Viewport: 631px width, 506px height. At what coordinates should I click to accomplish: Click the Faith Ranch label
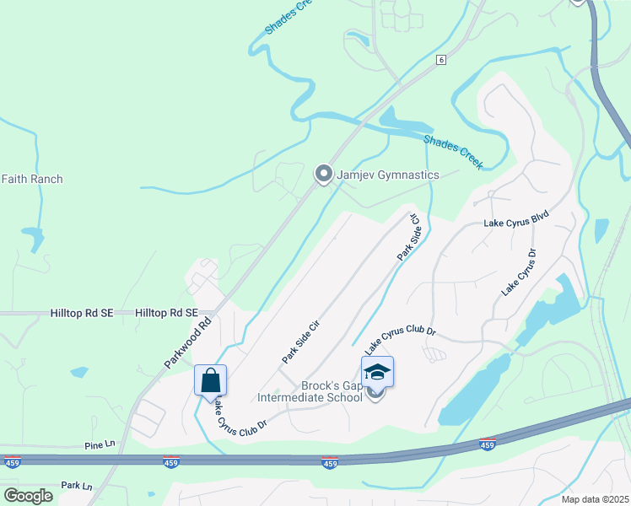tap(32, 179)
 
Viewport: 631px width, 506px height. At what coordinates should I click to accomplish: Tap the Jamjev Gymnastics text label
tap(388, 175)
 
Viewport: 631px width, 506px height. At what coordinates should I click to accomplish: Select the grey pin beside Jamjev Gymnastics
tap(323, 174)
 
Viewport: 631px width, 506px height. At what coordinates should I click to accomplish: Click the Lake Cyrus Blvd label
tap(516, 223)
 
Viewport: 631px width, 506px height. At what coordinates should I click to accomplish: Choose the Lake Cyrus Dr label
tap(519, 272)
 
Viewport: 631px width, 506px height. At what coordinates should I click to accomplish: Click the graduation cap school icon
tap(377, 372)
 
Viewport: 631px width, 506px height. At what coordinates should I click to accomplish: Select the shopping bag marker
tap(210, 380)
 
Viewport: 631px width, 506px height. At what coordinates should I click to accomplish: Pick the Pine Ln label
tap(100, 444)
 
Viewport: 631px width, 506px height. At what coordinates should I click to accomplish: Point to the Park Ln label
tap(75, 486)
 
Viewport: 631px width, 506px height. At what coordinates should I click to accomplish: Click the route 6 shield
tap(440, 60)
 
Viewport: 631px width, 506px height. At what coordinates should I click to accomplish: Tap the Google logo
tap(28, 496)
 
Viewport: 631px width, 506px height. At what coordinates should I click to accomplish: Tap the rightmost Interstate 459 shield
tap(487, 444)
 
